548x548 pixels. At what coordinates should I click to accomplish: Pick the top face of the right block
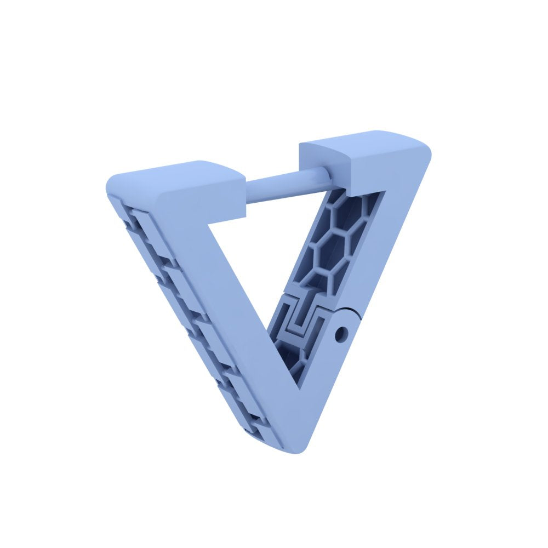pyautogui.click(x=362, y=140)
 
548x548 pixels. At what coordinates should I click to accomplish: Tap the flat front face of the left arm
pyautogui.click(x=230, y=307)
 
